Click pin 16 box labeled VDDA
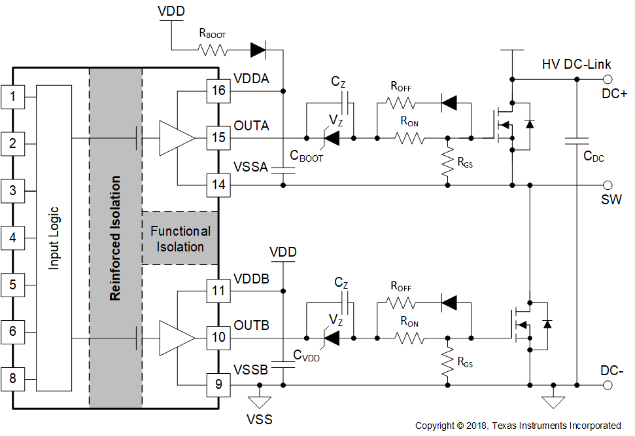(218, 90)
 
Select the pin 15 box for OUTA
(218, 137)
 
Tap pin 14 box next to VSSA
(218, 185)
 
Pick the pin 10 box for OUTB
(218, 337)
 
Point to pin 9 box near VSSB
(218, 385)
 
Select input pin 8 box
(12, 379)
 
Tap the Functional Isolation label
(180, 239)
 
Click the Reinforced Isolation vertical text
(115, 238)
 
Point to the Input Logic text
(54, 238)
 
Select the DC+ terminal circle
(608, 79)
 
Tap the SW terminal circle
(608, 185)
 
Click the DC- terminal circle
(608, 385)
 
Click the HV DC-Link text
(576, 64)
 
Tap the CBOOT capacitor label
(307, 156)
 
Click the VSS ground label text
(260, 419)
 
